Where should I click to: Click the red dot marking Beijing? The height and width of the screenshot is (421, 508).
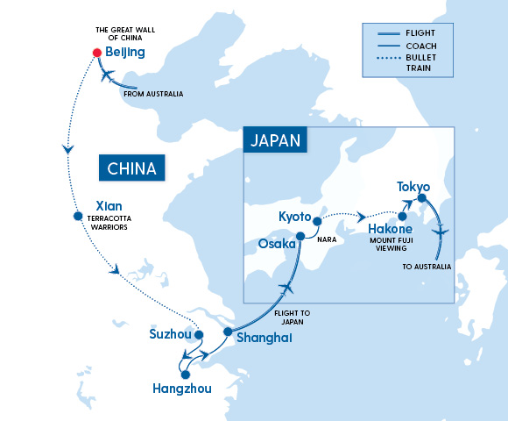coord(97,53)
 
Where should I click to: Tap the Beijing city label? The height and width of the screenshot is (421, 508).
coord(124,53)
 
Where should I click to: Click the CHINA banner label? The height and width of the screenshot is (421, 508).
coord(131,168)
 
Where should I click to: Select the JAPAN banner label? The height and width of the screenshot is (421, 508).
coord(276,140)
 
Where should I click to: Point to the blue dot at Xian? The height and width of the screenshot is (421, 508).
coord(78,216)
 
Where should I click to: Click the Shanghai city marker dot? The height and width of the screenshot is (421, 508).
coord(227,332)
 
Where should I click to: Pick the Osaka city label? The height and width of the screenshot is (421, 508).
coord(277,244)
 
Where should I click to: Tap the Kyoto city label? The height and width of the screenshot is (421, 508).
coord(295,217)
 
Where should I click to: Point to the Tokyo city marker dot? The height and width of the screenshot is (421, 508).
coord(421,198)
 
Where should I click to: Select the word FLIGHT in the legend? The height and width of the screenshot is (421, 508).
coord(422,35)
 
